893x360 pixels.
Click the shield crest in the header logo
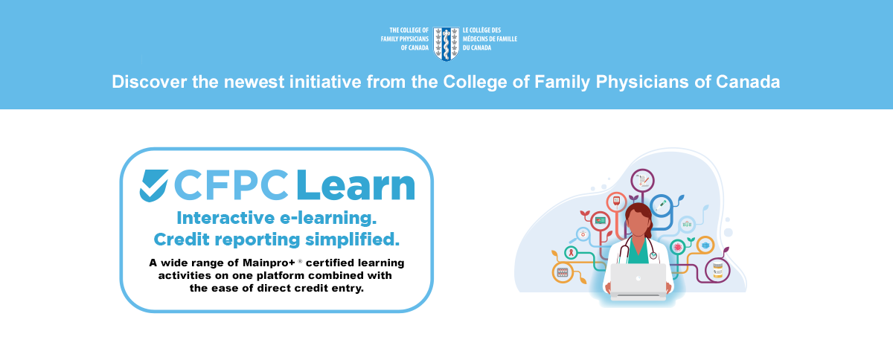tap(446, 43)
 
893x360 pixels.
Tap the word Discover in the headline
tap(149, 82)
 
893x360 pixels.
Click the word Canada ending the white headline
tap(748, 82)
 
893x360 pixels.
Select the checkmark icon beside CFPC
tap(153, 186)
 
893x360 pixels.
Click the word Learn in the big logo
tap(356, 185)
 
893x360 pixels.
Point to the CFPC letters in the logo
tap(231, 185)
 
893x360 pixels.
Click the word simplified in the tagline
tap(352, 240)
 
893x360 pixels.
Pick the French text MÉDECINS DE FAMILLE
tap(490, 39)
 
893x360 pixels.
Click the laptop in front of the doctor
tap(638, 281)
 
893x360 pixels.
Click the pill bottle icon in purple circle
tap(717, 270)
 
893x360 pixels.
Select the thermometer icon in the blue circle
tap(661, 205)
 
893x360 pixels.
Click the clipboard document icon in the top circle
tap(643, 181)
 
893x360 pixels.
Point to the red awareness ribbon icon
tap(572, 252)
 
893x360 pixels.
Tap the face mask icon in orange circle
tap(705, 245)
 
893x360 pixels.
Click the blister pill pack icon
tap(562, 273)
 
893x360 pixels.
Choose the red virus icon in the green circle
tap(677, 247)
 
